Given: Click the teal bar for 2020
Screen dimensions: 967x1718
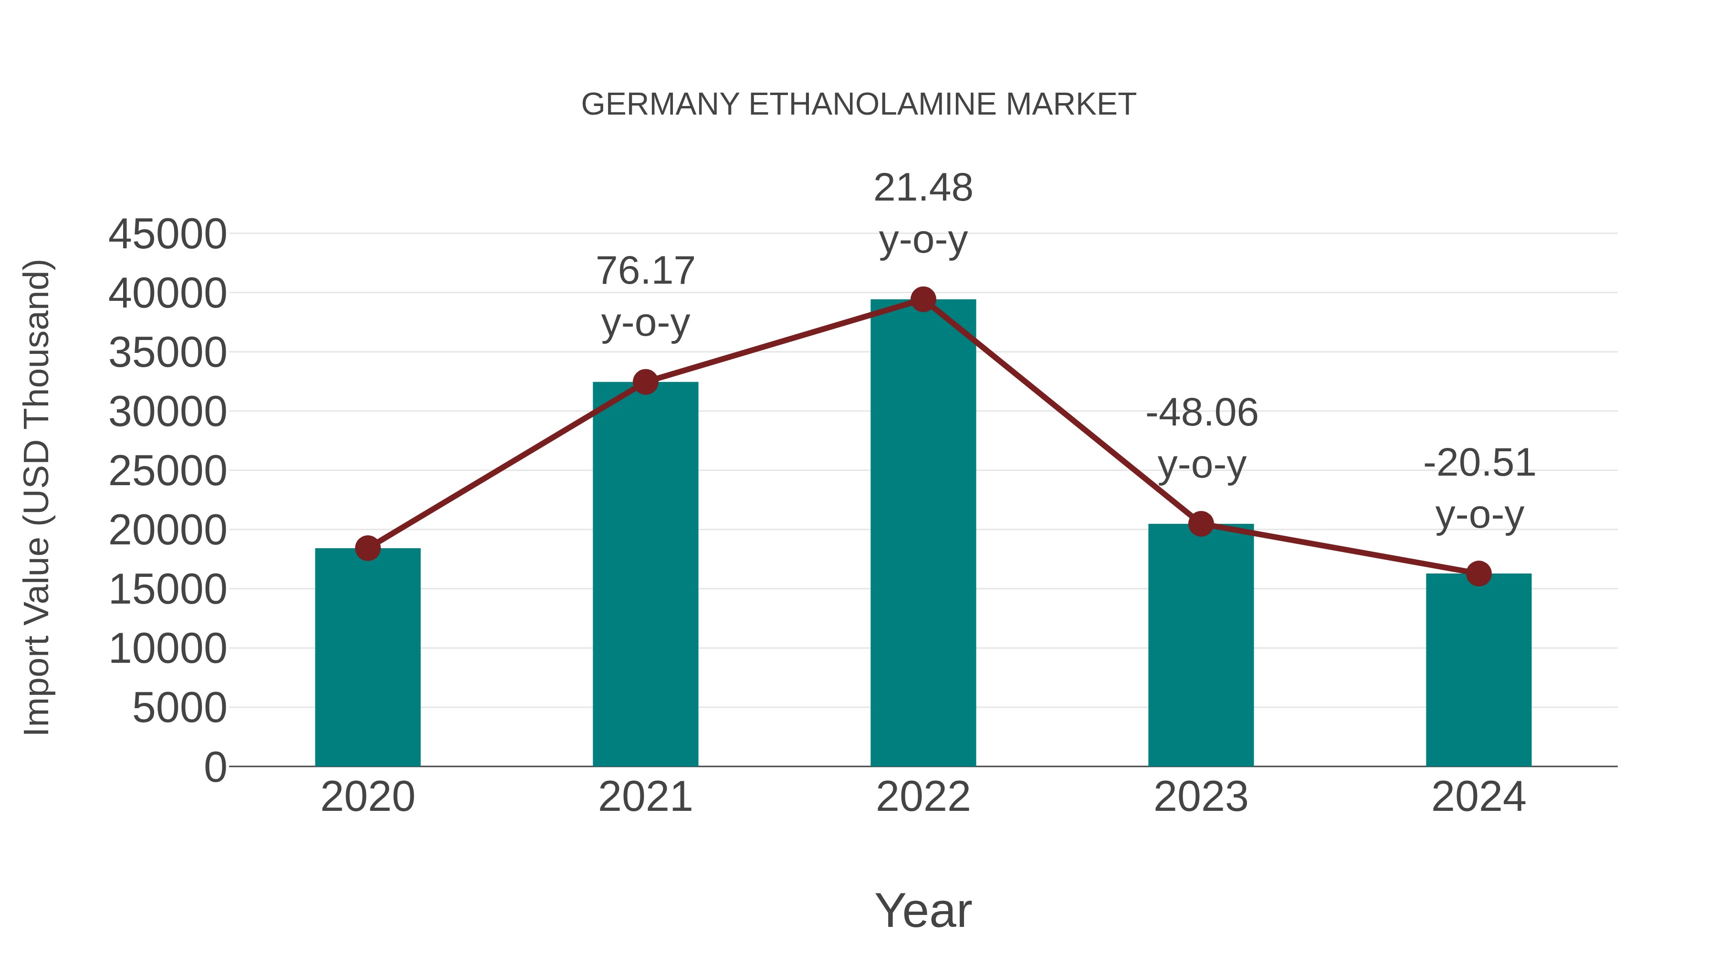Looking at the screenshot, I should [367, 658].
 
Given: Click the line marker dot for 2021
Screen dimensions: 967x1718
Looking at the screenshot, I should [646, 383].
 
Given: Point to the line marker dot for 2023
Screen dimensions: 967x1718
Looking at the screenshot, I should [1201, 524].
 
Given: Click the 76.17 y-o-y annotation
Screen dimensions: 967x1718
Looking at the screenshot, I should [646, 297].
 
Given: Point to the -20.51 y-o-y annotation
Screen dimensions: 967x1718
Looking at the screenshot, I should [1479, 489].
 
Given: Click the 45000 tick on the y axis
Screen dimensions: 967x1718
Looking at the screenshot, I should [168, 235].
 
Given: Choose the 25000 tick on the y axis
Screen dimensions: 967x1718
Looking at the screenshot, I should [168, 472].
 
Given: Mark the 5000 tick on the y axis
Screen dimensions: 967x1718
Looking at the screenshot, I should [179, 708].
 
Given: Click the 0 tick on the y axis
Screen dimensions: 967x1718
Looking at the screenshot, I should [215, 767].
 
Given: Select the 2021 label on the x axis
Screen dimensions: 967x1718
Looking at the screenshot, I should [646, 797].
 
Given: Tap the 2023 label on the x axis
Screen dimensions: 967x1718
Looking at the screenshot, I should [1201, 797].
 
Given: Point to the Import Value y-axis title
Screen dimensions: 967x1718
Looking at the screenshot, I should [37, 497].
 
